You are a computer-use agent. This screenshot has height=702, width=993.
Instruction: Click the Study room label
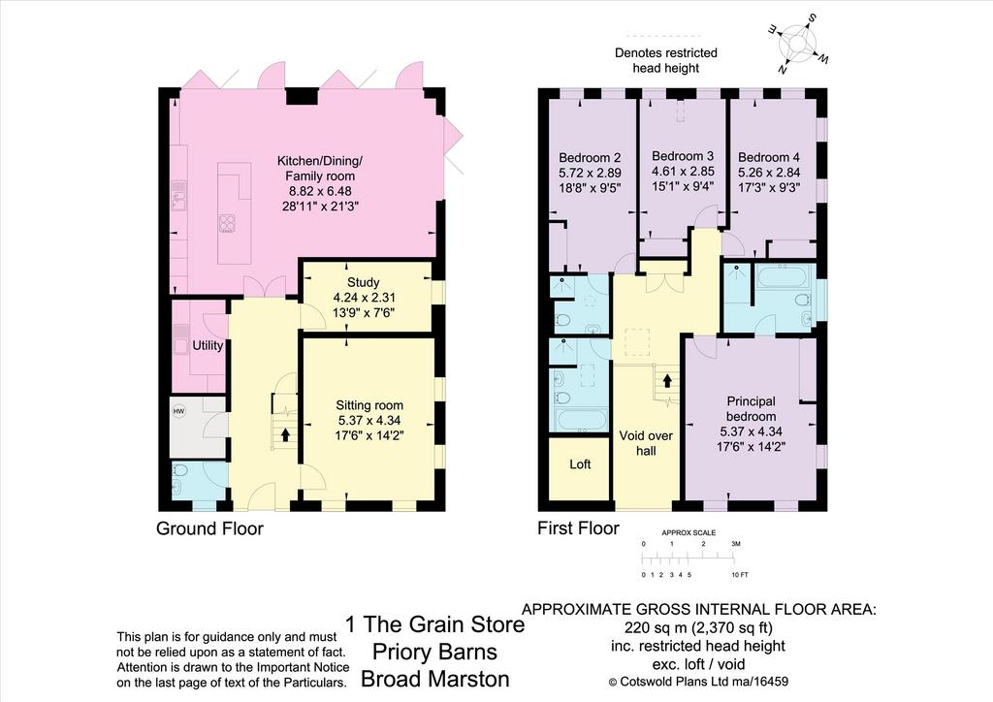[363, 282]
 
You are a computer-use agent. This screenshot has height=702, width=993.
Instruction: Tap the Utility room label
[208, 345]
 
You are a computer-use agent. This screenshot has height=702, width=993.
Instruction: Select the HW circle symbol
[179, 411]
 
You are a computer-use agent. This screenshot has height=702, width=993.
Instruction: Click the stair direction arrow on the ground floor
[285, 434]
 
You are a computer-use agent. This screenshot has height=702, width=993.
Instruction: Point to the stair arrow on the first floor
[667, 380]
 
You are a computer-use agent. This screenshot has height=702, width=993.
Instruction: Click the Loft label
[580, 464]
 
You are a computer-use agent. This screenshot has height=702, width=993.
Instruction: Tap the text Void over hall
[646, 443]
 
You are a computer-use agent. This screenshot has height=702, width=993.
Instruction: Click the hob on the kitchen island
[227, 223]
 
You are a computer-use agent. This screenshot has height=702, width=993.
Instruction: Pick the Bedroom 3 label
[683, 156]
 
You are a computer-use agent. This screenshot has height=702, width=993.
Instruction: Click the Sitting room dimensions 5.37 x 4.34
[369, 420]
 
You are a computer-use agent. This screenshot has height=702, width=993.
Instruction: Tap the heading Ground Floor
[209, 528]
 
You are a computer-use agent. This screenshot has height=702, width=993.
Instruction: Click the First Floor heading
[578, 527]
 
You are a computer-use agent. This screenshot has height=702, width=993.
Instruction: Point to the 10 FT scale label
[740, 575]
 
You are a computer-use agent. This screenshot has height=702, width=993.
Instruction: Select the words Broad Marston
[435, 679]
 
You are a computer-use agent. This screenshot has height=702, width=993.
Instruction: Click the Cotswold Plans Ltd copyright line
[698, 682]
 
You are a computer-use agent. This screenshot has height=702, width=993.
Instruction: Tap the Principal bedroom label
[752, 409]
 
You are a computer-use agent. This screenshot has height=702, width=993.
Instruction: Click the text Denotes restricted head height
[665, 60]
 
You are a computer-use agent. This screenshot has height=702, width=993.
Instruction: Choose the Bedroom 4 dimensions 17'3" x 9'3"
[769, 187]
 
